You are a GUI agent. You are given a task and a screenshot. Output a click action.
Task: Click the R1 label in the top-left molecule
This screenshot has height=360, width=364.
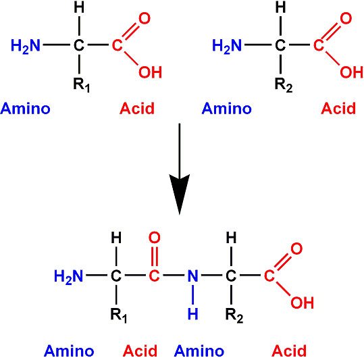(81, 85)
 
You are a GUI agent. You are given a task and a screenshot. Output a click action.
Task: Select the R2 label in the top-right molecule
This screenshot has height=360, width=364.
(284, 85)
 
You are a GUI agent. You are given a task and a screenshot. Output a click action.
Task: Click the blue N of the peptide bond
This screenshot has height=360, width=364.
(192, 276)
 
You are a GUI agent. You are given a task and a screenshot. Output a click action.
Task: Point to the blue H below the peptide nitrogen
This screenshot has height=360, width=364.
(192, 314)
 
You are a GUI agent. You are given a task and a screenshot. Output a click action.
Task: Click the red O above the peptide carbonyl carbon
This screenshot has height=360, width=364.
(155, 238)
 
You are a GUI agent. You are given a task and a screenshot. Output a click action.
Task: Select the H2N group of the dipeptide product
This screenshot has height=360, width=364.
(68, 277)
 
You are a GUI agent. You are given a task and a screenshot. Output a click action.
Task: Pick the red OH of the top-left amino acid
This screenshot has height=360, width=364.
(150, 72)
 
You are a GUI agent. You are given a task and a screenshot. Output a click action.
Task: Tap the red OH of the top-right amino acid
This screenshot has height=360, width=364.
(351, 72)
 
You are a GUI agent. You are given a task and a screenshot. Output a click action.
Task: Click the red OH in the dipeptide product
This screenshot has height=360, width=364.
(303, 303)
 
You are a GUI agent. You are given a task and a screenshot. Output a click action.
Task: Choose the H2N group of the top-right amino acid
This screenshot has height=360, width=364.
(227, 46)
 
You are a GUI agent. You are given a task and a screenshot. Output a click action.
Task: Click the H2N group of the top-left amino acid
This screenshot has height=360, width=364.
(26, 46)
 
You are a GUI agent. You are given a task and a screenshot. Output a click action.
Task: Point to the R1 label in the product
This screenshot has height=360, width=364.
(119, 315)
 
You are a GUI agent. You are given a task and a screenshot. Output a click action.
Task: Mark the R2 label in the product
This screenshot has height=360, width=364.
(234, 315)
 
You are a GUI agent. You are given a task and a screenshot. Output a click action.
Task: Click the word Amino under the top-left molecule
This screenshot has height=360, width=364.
(25, 108)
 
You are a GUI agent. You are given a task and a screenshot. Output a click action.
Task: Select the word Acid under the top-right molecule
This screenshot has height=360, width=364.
(338, 108)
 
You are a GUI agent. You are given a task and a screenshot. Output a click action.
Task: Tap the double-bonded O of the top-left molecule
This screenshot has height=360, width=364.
(145, 18)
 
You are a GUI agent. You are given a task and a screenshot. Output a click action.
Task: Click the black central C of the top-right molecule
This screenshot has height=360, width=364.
(280, 45)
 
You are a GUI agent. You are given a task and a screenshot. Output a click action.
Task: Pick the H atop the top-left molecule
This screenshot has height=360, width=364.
(79, 7)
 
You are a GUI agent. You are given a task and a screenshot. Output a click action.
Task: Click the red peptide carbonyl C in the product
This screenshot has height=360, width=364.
(154, 276)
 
